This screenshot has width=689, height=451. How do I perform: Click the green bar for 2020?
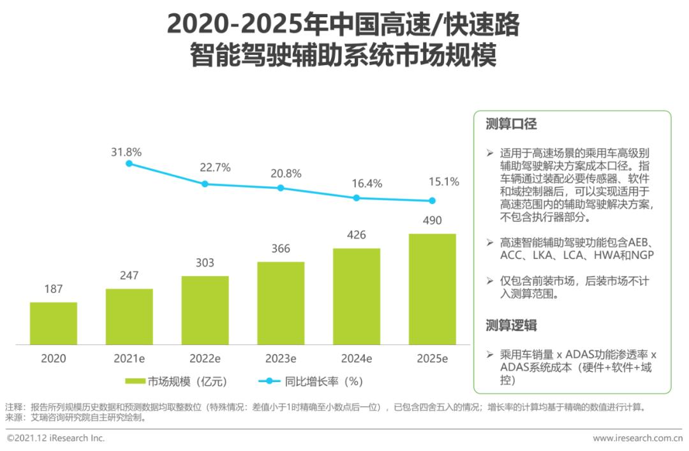(54, 323)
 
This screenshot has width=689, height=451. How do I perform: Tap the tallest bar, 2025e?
(432, 288)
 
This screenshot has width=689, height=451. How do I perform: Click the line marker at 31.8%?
(129, 164)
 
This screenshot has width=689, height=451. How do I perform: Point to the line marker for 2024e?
(357, 198)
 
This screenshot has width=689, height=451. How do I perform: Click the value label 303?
(205, 263)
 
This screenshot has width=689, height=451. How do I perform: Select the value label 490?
(432, 221)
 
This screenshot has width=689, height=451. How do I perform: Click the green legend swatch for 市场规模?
(135, 381)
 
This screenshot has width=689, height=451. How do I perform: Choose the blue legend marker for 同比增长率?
(269, 381)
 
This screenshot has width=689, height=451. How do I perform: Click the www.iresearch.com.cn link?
(637, 438)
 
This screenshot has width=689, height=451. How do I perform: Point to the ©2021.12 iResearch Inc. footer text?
(56, 438)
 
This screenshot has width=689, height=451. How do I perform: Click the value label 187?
(54, 289)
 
